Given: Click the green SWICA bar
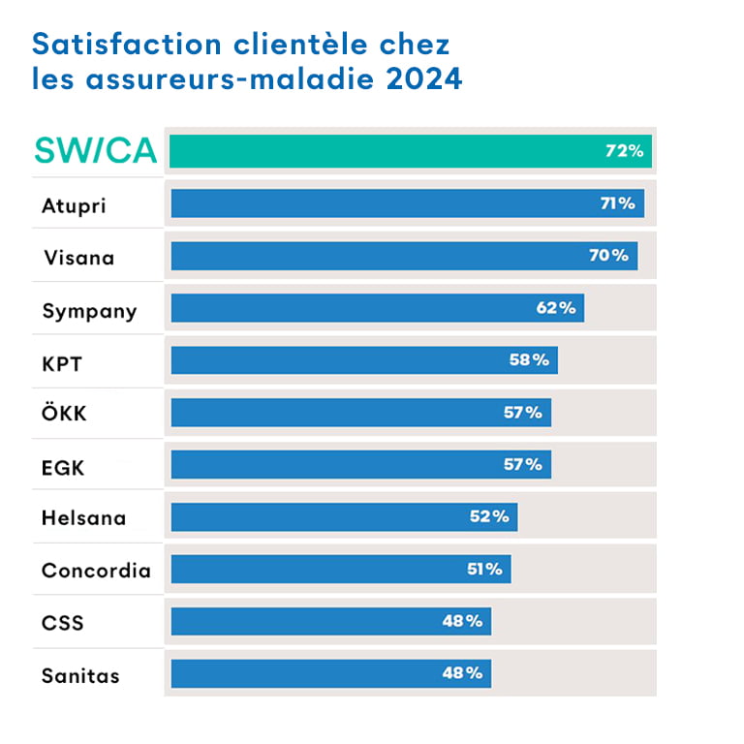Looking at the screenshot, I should click(387, 151).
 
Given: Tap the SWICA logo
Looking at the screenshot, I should click(95, 151).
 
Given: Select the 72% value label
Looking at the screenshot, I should click(624, 151).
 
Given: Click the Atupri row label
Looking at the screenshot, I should click(73, 205).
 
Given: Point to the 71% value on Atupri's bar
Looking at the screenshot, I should click(617, 203).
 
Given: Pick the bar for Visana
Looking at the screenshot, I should click(387, 256).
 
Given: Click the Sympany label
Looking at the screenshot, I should click(89, 311).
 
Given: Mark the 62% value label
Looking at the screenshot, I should click(556, 308).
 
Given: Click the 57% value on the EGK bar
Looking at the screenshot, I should click(523, 464).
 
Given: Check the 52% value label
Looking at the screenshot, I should click(489, 516).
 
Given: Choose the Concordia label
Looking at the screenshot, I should click(96, 571).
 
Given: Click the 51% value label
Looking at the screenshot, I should click(484, 569).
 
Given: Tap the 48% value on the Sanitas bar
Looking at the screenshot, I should click(462, 673).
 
